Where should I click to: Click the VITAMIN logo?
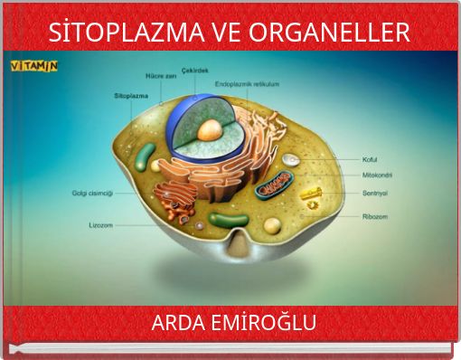coord(33,66)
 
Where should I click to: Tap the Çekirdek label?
coord(196,70)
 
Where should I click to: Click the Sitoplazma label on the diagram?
coord(130,94)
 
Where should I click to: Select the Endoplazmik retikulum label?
coord(246,84)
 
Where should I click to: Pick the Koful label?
coord(371,159)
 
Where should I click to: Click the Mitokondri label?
coord(377,175)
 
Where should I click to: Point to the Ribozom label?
coord(375,216)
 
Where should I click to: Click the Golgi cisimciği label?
coord(92,193)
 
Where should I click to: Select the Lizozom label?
coord(100,224)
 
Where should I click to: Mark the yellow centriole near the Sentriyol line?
coord(310,194)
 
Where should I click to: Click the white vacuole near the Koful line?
coord(289,160)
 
